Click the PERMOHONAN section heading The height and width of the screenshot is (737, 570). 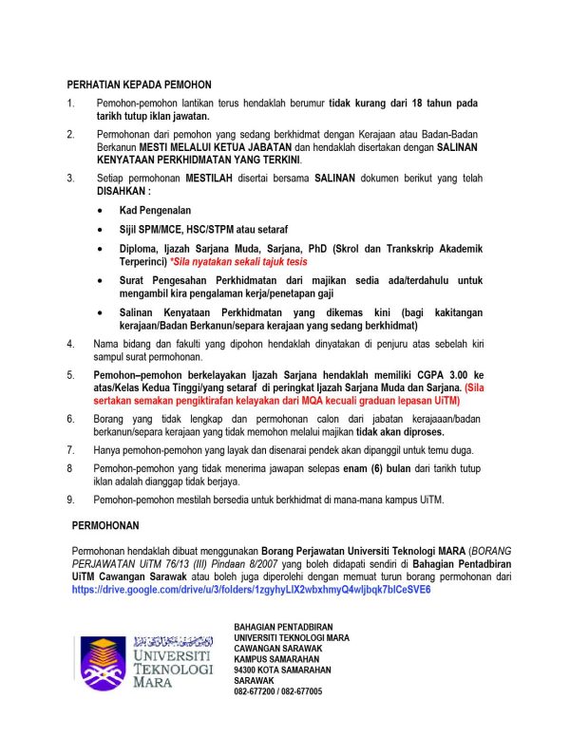pos(106,524)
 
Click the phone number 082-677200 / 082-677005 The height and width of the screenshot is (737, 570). pos(277,691)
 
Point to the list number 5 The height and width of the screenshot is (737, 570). pos(70,376)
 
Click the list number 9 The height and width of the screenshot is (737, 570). pos(70,500)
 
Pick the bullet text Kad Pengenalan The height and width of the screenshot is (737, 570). pos(155,208)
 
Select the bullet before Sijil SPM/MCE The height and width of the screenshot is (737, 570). pos(102,230)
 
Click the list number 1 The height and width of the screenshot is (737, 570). pos(70,102)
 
